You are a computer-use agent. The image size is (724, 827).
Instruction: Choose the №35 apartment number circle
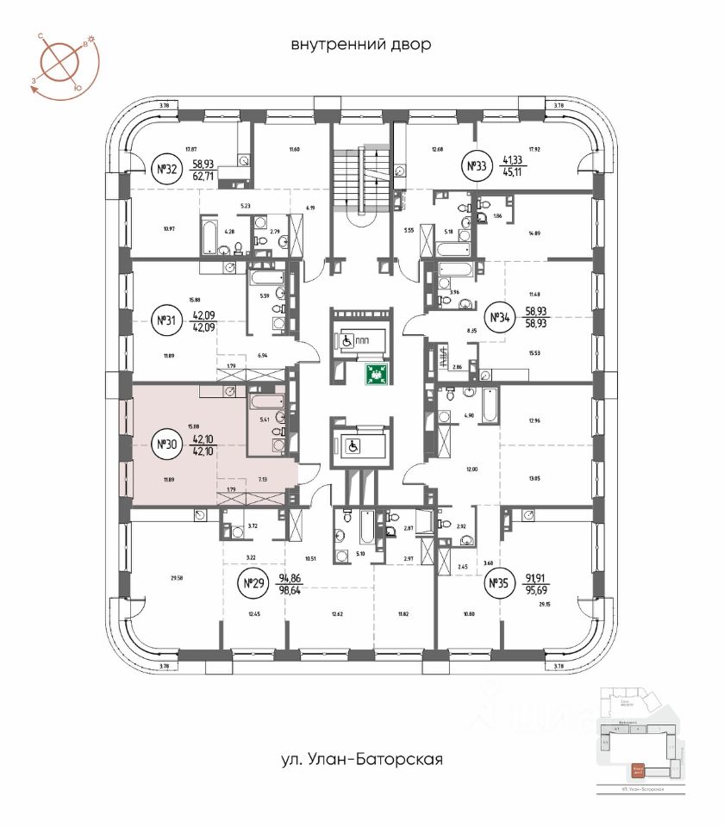tap(498, 586)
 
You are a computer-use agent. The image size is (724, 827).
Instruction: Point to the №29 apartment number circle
tap(253, 586)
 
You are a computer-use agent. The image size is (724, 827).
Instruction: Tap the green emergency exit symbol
tap(376, 373)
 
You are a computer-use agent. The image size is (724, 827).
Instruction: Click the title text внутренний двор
tap(360, 44)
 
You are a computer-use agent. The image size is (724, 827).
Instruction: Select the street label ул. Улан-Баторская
tap(360, 760)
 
